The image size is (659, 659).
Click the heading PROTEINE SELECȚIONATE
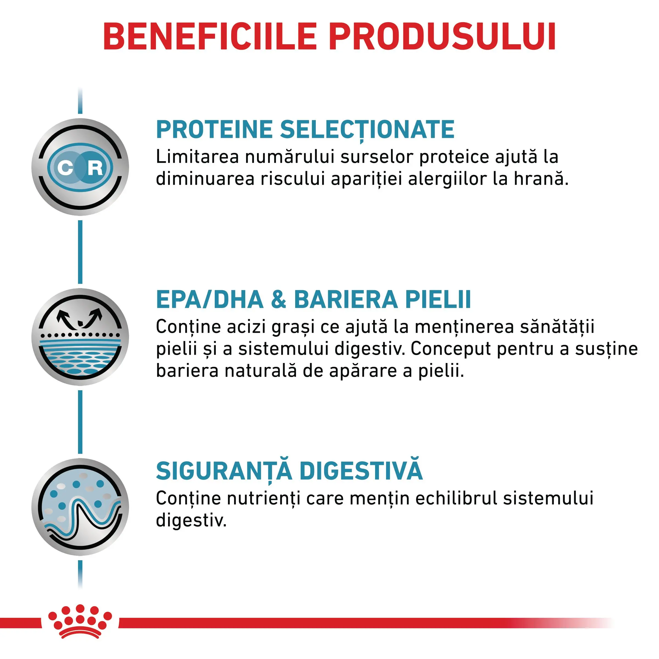305,130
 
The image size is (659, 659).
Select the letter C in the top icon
66,168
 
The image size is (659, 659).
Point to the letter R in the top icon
95,168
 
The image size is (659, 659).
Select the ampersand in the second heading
279,300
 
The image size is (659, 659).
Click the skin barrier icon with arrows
80,337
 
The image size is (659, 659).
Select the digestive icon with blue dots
80,507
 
